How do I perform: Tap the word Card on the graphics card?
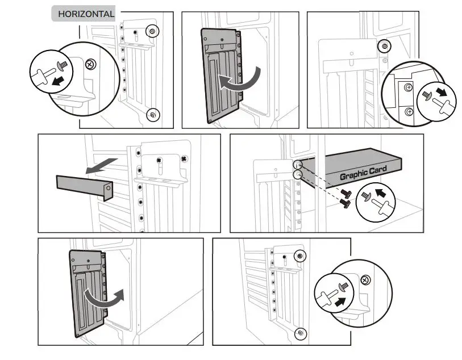[x=377, y=169]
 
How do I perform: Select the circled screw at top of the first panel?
[x=152, y=31]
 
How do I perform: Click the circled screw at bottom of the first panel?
[x=152, y=115]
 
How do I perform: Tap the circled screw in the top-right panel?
[x=385, y=45]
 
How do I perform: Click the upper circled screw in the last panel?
[x=299, y=257]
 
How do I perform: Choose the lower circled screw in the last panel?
[x=299, y=333]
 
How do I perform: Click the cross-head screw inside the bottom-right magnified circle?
[x=365, y=279]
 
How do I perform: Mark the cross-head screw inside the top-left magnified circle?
[x=90, y=64]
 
